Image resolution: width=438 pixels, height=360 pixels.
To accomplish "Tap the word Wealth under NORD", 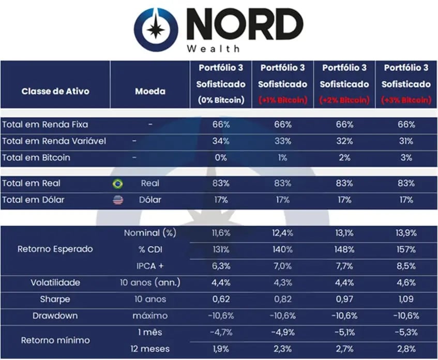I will (x=214, y=49).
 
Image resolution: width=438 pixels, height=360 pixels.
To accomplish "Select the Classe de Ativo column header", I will (x=55, y=91).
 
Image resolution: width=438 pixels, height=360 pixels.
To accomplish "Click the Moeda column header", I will (x=150, y=91).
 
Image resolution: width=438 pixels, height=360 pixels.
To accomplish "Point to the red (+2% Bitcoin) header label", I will (x=344, y=100).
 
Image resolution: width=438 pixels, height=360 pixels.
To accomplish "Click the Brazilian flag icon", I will (x=118, y=184).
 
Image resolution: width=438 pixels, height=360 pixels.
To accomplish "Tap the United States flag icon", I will (x=118, y=200).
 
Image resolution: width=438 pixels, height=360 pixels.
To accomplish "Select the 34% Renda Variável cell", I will (x=221, y=141).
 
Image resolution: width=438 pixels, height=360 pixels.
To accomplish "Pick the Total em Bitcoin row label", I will (x=36, y=157).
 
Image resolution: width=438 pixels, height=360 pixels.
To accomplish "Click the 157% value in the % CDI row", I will (x=405, y=249).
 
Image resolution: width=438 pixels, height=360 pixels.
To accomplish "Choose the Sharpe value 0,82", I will (x=282, y=299).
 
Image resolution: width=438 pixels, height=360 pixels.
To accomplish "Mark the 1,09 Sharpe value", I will (x=405, y=299).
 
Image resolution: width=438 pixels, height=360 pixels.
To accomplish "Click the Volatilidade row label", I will (x=55, y=282).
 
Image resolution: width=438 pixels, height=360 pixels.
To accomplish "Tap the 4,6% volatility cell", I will (x=405, y=282).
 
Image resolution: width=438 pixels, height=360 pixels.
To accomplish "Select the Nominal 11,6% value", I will (x=221, y=233).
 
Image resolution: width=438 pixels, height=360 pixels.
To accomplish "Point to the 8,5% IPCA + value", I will (x=405, y=266).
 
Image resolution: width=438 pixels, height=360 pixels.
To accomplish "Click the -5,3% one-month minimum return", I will (x=405, y=333).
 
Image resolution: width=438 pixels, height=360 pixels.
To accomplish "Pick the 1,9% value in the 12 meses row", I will (x=221, y=349).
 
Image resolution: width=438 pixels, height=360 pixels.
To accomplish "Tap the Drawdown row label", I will (x=55, y=316).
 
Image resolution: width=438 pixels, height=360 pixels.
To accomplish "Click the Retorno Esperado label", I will (x=55, y=249).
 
